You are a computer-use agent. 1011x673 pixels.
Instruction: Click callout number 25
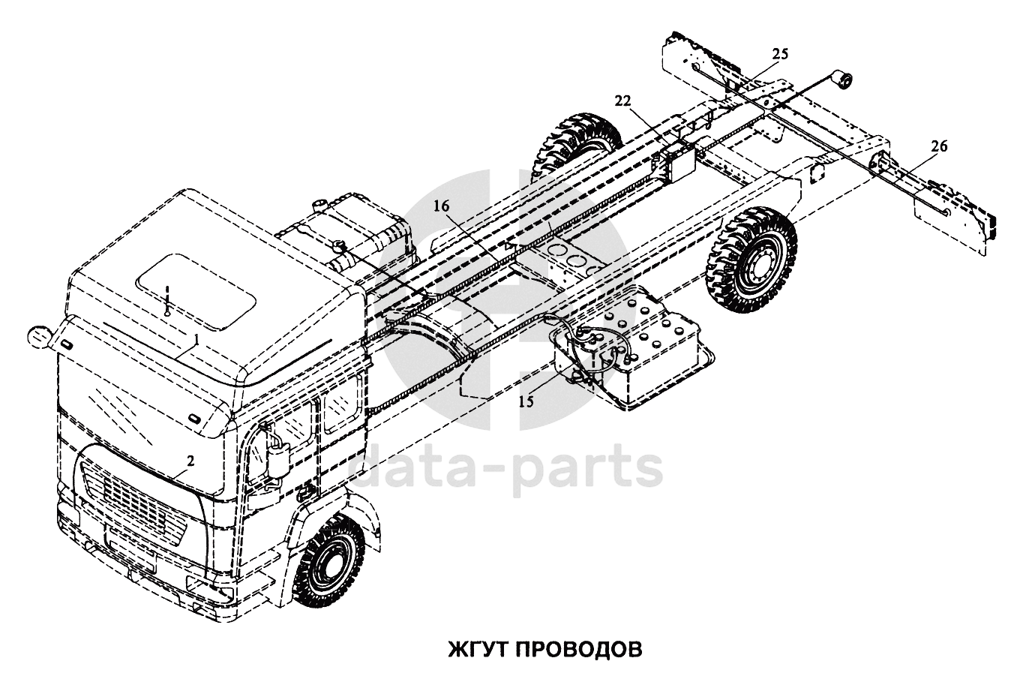[780, 55]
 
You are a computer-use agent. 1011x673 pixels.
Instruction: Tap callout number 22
[622, 101]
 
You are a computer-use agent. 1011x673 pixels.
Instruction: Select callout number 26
[939, 147]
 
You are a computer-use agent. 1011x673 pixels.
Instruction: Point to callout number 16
[442, 206]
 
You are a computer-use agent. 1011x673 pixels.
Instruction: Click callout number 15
[526, 401]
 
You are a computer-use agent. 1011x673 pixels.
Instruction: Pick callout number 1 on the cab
[196, 338]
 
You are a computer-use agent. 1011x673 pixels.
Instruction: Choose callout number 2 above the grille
[191, 461]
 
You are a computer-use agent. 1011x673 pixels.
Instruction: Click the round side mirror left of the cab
[39, 336]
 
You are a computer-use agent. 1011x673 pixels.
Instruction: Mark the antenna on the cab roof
[167, 300]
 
